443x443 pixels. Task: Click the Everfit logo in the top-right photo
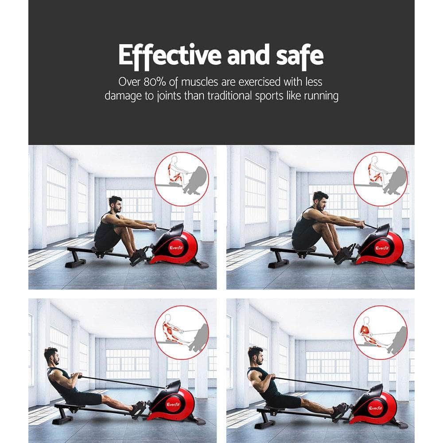click(382, 248)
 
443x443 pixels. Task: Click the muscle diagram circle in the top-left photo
click(182, 179)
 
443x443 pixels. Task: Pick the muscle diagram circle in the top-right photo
click(380, 179)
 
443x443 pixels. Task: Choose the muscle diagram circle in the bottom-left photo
click(182, 332)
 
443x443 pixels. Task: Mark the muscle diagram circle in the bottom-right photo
click(380, 332)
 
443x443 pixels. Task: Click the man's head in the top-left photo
click(115, 204)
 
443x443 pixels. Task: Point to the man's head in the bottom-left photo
click(51, 356)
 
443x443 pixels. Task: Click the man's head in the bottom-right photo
click(255, 355)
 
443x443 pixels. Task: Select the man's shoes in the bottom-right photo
click(340, 412)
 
